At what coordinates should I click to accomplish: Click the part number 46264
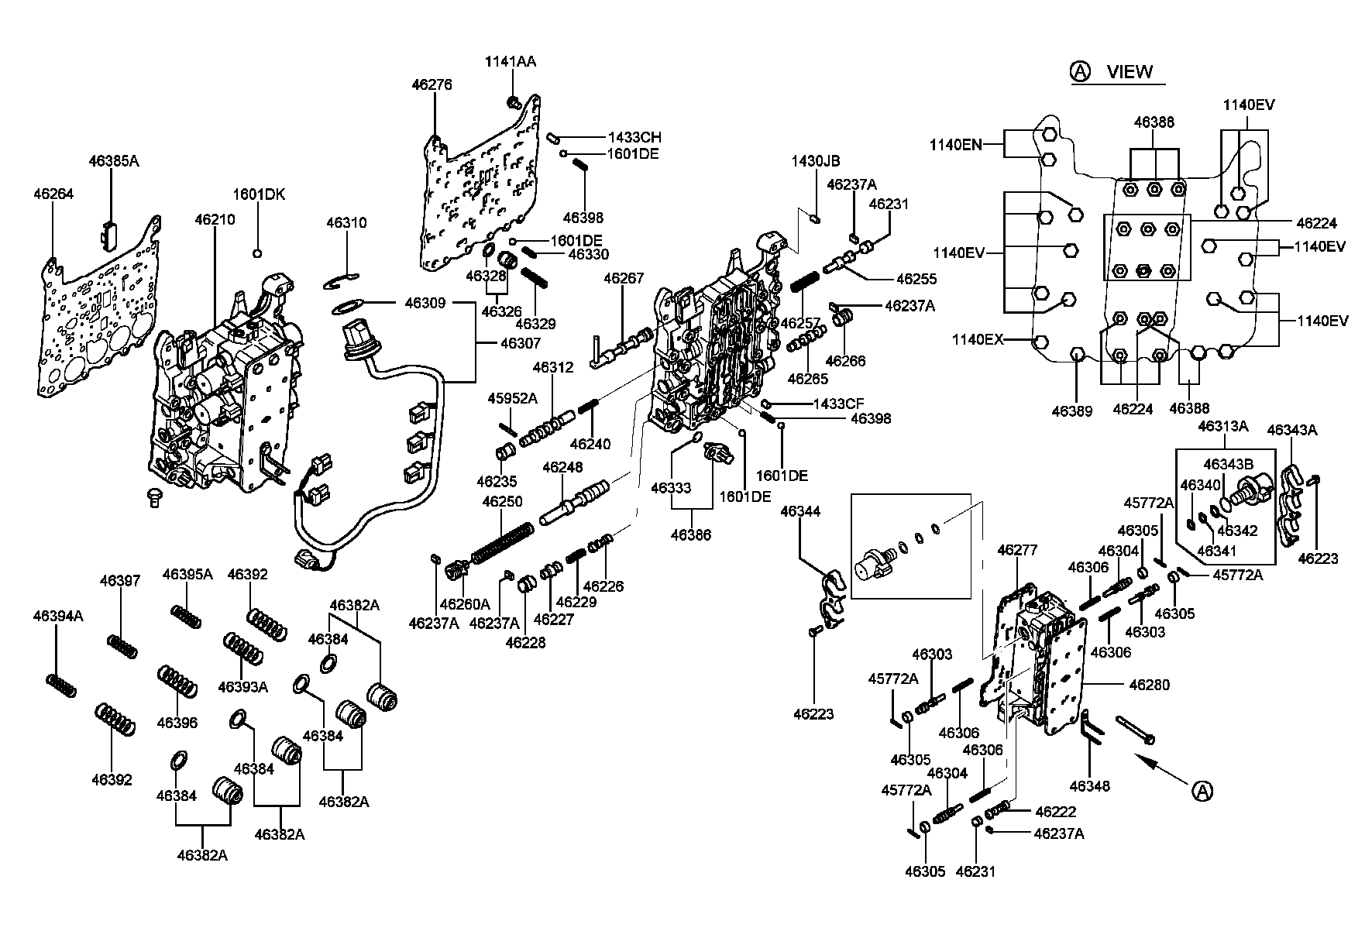click(53, 194)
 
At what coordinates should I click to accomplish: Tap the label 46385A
click(114, 161)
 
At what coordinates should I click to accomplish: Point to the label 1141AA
click(511, 61)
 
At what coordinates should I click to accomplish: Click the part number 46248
click(562, 467)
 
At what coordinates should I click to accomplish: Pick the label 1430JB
click(815, 161)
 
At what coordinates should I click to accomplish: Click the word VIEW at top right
click(1130, 72)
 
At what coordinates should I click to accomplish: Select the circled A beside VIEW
click(1080, 72)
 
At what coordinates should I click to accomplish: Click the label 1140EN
click(956, 143)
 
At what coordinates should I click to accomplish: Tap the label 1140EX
click(978, 339)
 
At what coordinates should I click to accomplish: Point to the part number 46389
click(1071, 411)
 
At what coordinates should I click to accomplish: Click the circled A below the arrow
click(1201, 790)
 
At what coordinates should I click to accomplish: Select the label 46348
click(1089, 786)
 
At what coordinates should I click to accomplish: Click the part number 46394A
click(58, 616)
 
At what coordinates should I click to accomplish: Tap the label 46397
click(120, 581)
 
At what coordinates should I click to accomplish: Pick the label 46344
click(800, 511)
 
